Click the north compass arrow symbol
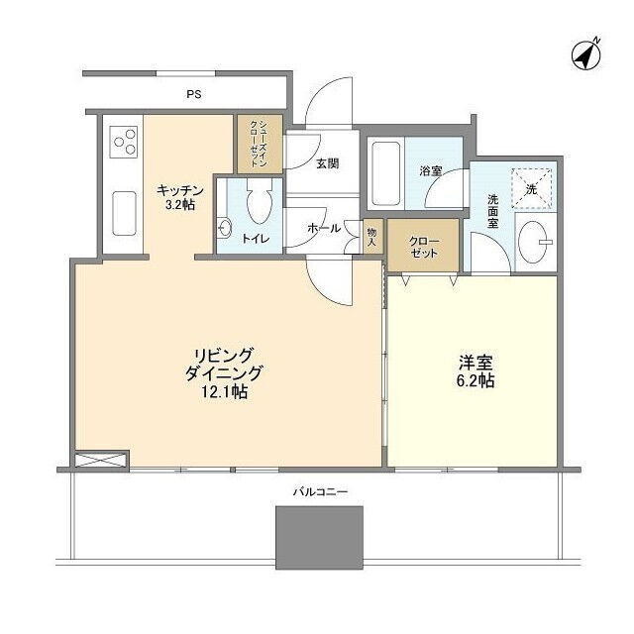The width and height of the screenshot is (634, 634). (x=585, y=55)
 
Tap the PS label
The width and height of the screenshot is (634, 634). (x=194, y=95)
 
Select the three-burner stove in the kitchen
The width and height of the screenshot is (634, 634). (x=124, y=142)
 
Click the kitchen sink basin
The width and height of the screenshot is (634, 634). (x=124, y=213)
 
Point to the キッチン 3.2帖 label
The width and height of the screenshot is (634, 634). (x=180, y=197)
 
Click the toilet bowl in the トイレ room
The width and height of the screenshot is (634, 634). (x=259, y=201)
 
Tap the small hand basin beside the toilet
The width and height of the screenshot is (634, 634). (x=224, y=229)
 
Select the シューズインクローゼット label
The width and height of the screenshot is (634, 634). (x=260, y=144)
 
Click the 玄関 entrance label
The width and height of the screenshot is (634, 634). (x=327, y=163)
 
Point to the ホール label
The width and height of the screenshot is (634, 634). (x=324, y=229)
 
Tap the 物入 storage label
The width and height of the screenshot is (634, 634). (x=372, y=238)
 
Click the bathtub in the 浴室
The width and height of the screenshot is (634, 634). (x=386, y=173)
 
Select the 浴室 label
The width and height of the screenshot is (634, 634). (x=431, y=171)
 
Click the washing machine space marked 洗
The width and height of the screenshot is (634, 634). (x=532, y=188)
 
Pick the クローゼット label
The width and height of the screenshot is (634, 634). (x=424, y=247)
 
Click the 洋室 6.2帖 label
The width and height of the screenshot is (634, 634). (x=475, y=371)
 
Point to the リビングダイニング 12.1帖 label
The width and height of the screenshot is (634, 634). (x=224, y=373)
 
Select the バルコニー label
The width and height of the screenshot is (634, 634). (x=320, y=492)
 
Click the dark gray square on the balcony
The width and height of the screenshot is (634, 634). (x=319, y=537)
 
